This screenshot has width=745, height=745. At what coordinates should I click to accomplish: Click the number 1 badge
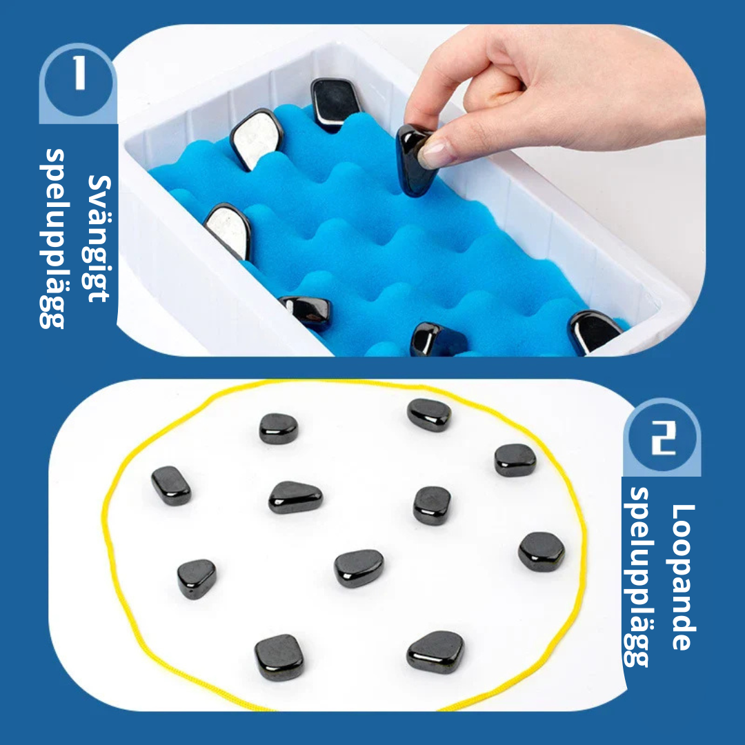coord(79,80)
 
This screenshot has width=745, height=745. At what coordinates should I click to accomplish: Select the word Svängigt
coord(99,239)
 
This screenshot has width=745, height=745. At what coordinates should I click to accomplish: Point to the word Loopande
coord(684,577)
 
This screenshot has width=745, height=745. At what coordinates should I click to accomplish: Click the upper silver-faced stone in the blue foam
coord(256,138)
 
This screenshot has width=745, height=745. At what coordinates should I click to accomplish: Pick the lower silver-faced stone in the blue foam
coord(228,231)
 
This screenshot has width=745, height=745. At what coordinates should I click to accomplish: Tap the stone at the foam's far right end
coord(594,331)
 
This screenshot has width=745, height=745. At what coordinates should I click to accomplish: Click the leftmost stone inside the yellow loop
coord(171,485)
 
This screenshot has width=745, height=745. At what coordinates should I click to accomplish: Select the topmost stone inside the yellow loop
coord(429,415)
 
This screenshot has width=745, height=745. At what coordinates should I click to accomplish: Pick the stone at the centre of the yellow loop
coord(359,568)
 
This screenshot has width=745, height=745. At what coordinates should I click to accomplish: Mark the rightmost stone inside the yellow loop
coord(542,551)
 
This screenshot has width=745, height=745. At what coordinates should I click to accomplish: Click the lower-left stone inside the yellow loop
coord(279,657)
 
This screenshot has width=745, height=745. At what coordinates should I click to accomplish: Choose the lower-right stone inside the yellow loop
coord(435,652)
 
